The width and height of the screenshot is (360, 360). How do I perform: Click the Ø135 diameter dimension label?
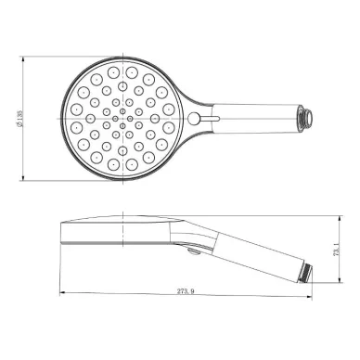tap(19, 119)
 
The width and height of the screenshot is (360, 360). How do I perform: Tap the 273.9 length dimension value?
tap(186, 291)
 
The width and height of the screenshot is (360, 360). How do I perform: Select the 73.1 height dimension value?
tap(337, 250)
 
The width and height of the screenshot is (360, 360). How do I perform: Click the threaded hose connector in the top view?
tap(304, 118)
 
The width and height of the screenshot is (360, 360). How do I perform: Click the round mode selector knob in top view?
tap(194, 118)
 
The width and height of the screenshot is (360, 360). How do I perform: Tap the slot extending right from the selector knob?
tap(210, 118)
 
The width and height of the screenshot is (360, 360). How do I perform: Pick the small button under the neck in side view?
tap(194, 252)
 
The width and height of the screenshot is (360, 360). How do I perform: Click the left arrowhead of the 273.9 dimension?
tap(62, 292)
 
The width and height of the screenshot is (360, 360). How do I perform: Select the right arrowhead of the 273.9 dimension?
tap(309, 297)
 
